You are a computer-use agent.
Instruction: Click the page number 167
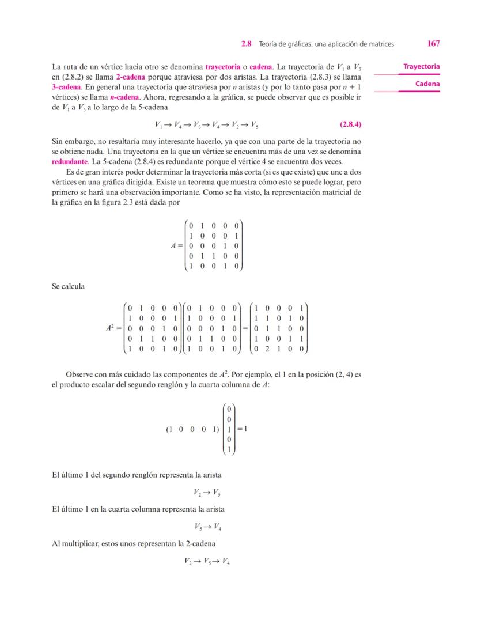(434, 43)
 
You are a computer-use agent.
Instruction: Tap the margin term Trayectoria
(421, 67)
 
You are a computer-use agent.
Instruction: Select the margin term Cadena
(427, 84)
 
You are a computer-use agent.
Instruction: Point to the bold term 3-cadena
(66, 86)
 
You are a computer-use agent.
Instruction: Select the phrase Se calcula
(68, 286)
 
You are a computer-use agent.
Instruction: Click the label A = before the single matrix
(176, 245)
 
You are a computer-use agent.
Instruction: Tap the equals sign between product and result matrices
(244, 328)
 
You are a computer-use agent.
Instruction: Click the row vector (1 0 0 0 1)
(192, 429)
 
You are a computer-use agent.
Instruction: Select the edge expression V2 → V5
(206, 492)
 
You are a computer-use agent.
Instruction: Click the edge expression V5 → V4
(206, 526)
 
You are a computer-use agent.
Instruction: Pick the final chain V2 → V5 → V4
(206, 560)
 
